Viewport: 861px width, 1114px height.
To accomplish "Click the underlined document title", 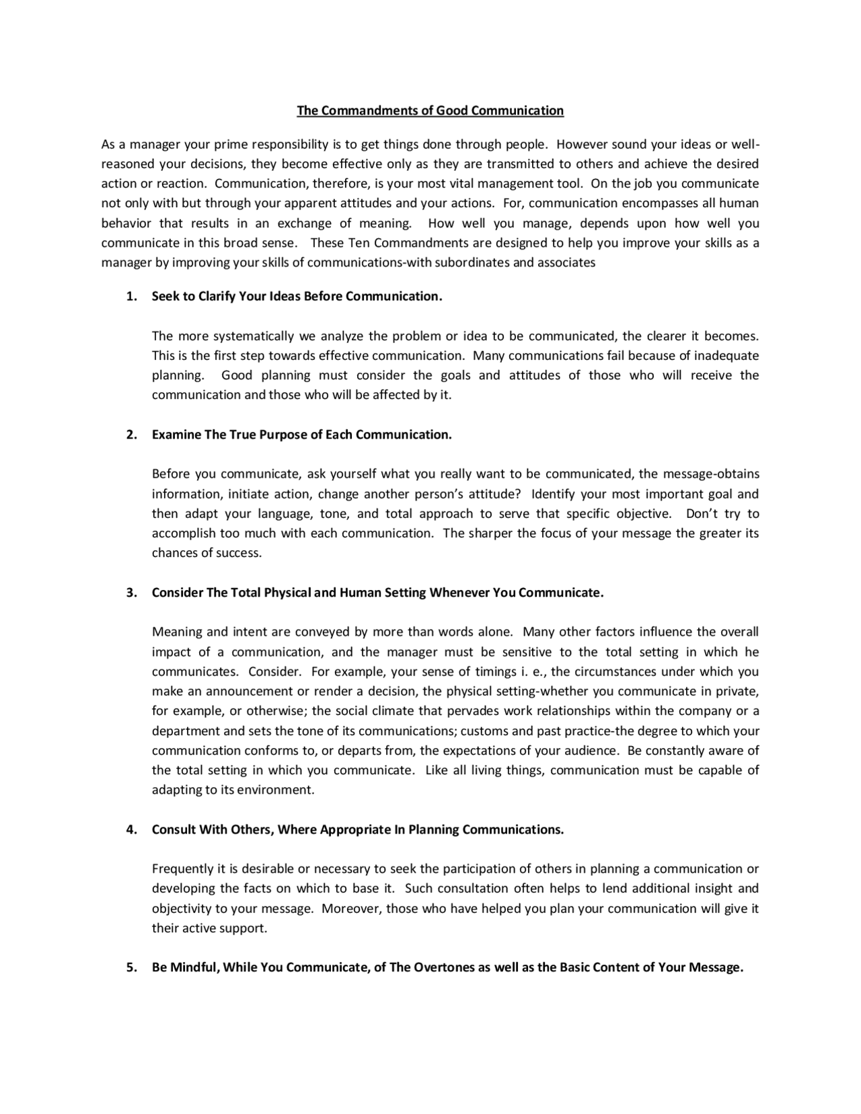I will point(430,110).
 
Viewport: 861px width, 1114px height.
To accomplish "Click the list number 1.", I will point(131,297).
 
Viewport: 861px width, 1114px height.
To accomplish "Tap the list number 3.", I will point(131,593).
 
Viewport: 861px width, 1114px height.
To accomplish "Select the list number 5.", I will point(131,968).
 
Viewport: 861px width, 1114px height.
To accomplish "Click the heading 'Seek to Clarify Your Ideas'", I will point(297,297).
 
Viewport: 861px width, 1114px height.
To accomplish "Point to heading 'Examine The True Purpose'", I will point(301,435).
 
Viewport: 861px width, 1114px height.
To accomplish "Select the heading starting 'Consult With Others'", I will point(357,829).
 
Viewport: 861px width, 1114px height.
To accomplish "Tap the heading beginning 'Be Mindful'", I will point(447,968).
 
